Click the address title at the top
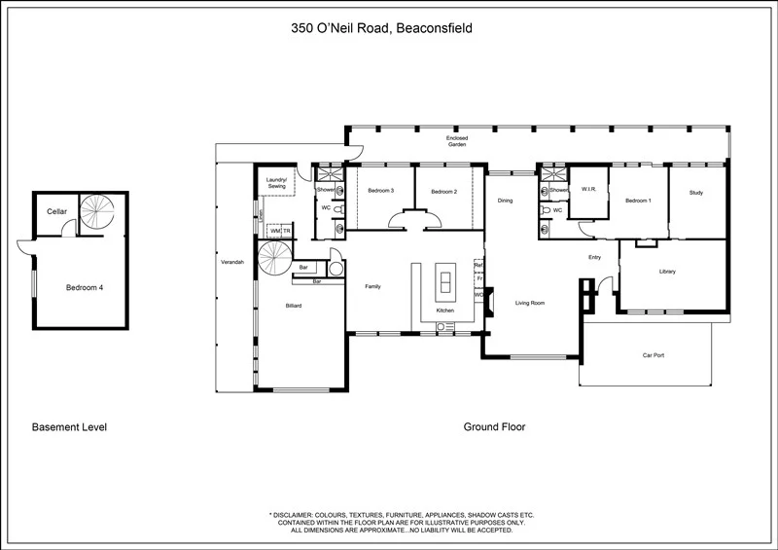382,29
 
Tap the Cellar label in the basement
55,211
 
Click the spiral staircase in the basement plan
97,213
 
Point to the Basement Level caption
69,427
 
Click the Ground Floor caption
494,427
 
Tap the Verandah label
231,264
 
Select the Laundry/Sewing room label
275,182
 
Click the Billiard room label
294,306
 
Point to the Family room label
372,286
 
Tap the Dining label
505,201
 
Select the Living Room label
530,304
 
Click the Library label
667,272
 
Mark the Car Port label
653,355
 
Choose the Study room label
695,194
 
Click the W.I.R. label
587,189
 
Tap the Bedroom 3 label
380,191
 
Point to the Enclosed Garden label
457,141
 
